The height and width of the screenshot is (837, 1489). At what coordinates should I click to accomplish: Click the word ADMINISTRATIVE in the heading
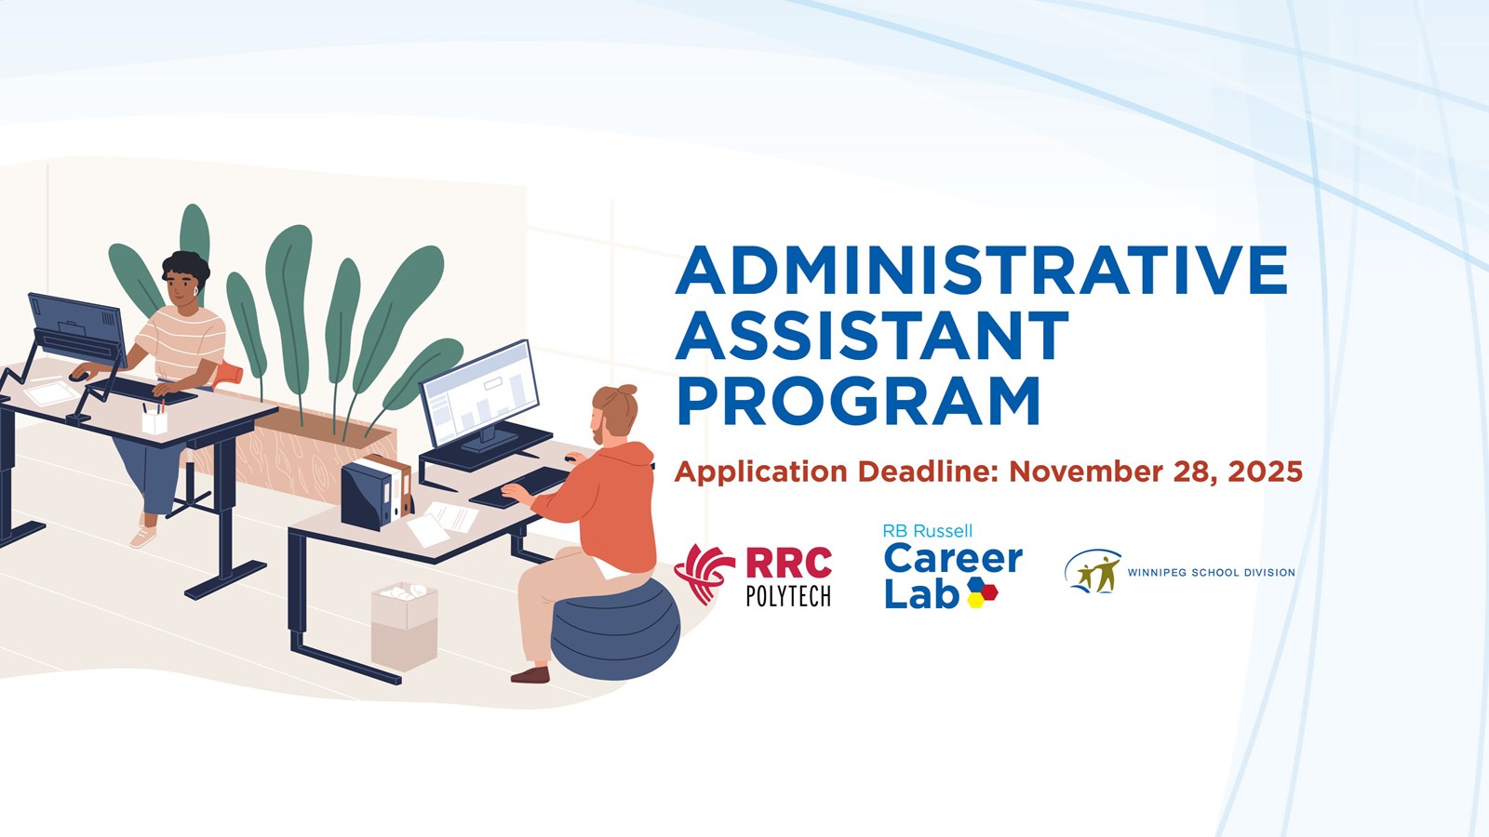[x=982, y=271]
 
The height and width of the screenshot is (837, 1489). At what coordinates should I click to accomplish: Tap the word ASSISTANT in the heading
[x=872, y=336]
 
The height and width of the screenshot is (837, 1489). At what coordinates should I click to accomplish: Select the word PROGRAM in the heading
[x=858, y=401]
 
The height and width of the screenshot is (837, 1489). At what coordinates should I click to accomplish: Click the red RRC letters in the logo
[x=788, y=564]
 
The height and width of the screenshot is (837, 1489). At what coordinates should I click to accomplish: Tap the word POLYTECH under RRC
[x=788, y=596]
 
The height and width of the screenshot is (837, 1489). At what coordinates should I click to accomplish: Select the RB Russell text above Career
[x=927, y=531]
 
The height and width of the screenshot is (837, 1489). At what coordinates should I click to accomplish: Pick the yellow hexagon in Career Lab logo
[x=975, y=600]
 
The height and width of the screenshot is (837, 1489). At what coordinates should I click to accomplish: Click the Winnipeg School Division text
[x=1211, y=573]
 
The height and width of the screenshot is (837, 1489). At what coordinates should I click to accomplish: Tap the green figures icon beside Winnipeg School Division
[x=1094, y=572]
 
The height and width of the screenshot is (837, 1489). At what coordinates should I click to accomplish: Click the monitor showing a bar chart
[x=480, y=394]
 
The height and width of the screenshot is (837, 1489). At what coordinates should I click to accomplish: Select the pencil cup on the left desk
[x=154, y=420]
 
